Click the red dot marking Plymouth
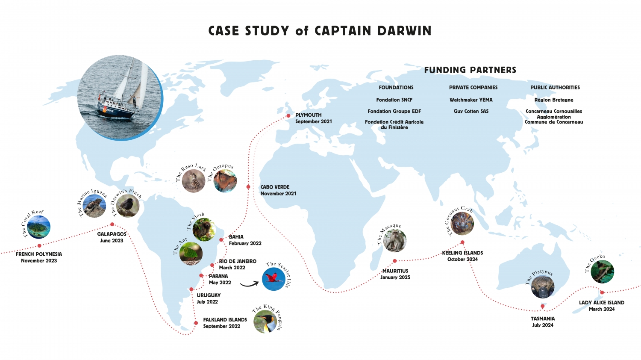click(x=288, y=116)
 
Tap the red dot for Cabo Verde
click(x=248, y=187)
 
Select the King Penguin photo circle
click(x=265, y=321)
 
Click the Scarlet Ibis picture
click(x=273, y=279)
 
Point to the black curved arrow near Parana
click(x=249, y=284)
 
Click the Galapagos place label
click(x=112, y=234)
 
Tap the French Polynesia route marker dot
click(x=39, y=246)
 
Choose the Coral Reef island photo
click(x=38, y=227)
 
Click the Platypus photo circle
click(x=543, y=287)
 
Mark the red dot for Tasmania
click(x=542, y=306)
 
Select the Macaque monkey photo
click(x=395, y=241)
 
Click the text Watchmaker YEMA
click(x=471, y=100)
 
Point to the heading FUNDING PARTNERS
click(x=470, y=70)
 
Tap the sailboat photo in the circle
click(x=120, y=97)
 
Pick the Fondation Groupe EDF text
click(x=394, y=111)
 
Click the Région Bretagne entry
click(x=554, y=100)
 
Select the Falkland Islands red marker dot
click(x=196, y=323)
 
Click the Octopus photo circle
click(x=225, y=181)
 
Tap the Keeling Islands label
click(x=462, y=253)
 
